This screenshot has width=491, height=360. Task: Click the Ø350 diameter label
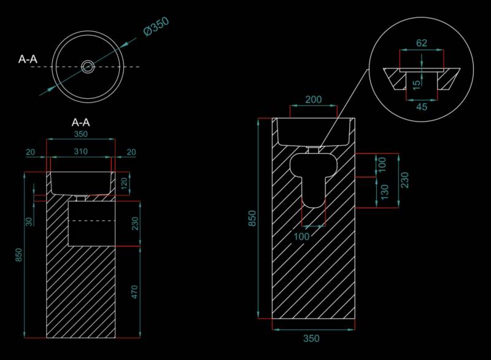point(157,26)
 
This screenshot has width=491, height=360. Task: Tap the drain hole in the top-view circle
point(88,66)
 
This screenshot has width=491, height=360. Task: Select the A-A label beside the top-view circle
point(28,59)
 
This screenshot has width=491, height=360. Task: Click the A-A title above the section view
point(81,122)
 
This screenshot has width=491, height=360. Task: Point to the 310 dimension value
point(81,151)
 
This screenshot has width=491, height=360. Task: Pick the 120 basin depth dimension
point(125,183)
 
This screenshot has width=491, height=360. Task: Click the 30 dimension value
point(29,222)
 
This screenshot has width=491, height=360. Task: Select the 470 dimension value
point(134,292)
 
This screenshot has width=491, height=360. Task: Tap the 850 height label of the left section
point(18,255)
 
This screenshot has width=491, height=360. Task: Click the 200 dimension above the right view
point(314,100)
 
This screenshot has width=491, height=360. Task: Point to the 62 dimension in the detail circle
point(422,43)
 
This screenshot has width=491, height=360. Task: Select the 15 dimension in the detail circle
point(416,85)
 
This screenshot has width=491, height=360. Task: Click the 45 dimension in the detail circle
point(422,107)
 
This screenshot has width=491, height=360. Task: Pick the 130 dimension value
point(385,192)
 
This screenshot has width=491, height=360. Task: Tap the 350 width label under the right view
point(311,338)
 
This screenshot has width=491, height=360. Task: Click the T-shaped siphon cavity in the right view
point(313,179)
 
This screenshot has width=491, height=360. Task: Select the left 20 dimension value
point(30,152)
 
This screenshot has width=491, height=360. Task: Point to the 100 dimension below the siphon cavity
point(301,237)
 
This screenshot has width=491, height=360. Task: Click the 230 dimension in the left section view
point(135,224)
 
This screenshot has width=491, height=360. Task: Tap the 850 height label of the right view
point(252,218)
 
